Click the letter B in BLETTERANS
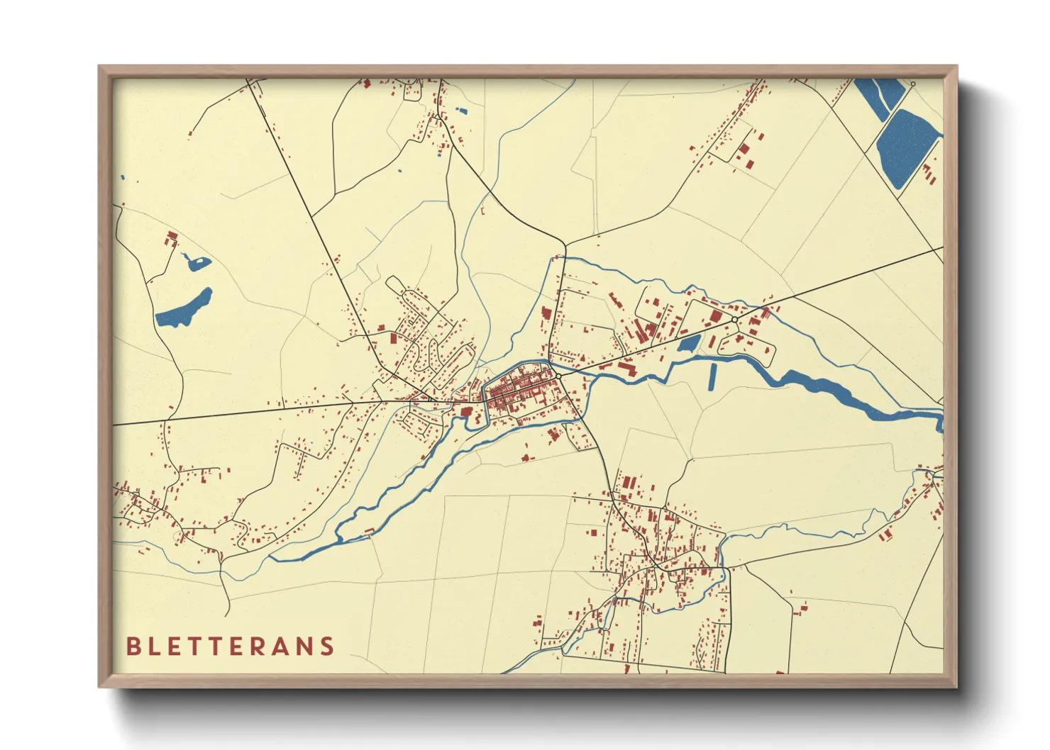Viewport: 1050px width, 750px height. tap(133, 647)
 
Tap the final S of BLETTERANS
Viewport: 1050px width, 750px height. tap(326, 647)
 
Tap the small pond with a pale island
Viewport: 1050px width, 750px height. tap(197, 263)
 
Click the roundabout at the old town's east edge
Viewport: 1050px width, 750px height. tap(559, 376)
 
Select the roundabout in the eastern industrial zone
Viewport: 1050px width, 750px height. tap(734, 320)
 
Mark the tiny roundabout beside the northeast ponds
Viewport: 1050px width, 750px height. tap(913, 84)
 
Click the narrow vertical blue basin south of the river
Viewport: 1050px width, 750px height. tap(712, 377)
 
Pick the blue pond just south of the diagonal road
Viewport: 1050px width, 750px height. tap(688, 345)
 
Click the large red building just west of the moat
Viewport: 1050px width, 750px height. tap(466, 410)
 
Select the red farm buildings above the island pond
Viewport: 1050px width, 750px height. tap(171, 238)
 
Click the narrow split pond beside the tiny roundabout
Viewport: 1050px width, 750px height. tap(880, 96)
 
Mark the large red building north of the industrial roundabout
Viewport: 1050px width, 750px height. tap(716, 315)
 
